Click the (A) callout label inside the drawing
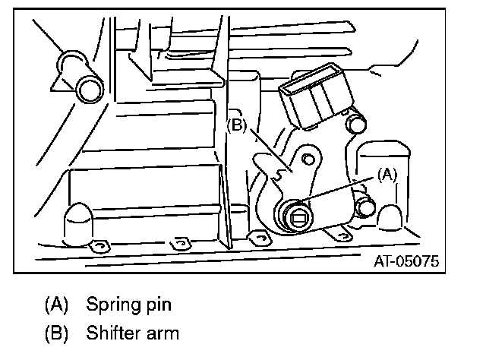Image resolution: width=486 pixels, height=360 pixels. [x=387, y=174]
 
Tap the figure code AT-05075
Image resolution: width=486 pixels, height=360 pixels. [x=406, y=263]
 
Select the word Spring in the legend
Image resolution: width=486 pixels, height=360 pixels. [x=111, y=306]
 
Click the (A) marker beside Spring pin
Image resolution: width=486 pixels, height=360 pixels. [x=58, y=306]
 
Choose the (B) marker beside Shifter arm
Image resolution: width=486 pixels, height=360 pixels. [x=58, y=332]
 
